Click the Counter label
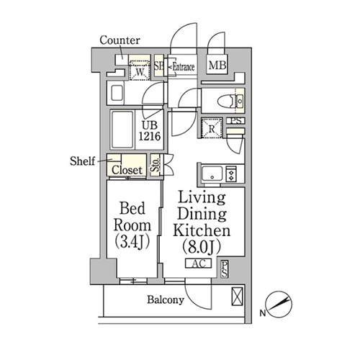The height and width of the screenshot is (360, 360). [120, 40]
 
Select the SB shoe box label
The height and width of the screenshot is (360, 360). [158, 66]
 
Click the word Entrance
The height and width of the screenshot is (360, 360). [184, 67]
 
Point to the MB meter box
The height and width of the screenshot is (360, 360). [217, 65]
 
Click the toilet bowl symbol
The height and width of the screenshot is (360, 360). [226, 101]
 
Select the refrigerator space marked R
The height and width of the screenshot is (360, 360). [212, 128]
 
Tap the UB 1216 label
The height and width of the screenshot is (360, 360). [150, 131]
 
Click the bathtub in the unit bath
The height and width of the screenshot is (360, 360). [122, 130]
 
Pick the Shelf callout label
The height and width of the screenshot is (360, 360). [82, 161]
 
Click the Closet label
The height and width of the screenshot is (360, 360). [127, 170]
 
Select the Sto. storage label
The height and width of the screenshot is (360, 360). [156, 165]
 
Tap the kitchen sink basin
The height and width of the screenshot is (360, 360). [212, 174]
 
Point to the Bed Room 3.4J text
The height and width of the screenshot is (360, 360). [132, 225]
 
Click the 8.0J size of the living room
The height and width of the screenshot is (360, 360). [202, 247]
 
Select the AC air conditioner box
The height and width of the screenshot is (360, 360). [199, 264]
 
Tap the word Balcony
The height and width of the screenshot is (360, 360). [166, 300]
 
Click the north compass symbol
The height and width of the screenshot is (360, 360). [279, 305]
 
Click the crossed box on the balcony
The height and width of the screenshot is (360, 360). [237, 297]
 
